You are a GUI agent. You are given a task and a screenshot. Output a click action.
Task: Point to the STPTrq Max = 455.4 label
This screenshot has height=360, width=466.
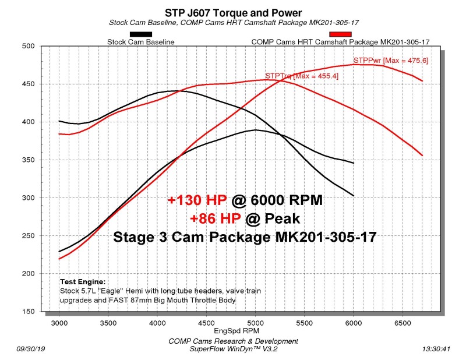[x=301, y=76]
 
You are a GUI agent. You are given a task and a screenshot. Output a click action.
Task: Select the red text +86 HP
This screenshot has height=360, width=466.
[x=211, y=218]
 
